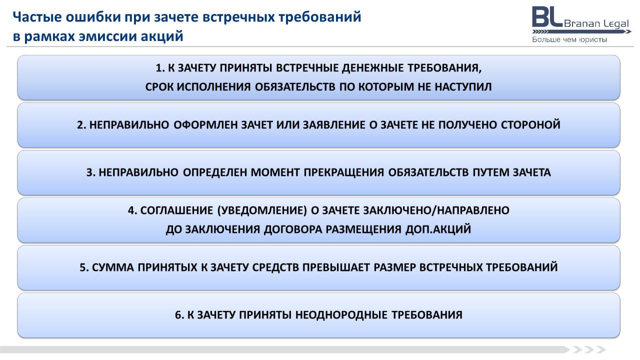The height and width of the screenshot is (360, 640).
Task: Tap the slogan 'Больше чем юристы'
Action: point(569,39)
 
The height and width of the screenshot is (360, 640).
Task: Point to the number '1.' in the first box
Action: point(160,68)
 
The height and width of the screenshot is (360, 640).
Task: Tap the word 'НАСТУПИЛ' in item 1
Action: point(463,87)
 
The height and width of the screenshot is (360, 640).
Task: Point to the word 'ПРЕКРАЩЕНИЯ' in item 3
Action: point(343,172)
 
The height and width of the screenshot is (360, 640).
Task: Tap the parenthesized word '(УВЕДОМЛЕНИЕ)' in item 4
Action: point(262,210)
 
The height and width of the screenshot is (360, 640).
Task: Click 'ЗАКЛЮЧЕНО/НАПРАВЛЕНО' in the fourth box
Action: point(436,210)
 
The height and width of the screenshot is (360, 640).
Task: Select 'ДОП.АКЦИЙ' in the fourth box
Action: point(438,229)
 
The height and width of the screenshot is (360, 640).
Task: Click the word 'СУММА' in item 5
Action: point(113,267)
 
